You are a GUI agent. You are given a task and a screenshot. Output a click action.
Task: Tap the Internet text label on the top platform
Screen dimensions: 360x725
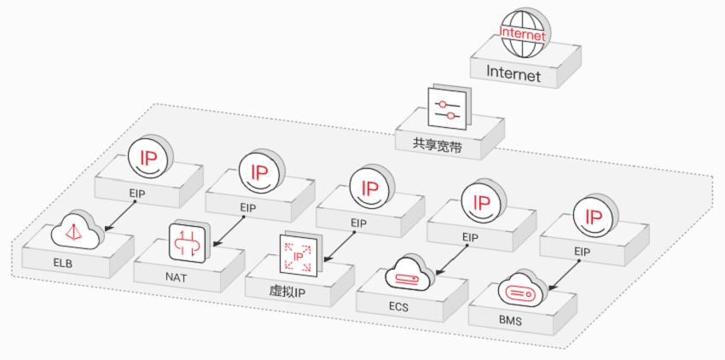(513, 74)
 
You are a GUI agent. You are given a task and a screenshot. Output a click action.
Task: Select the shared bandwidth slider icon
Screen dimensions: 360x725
(448, 108)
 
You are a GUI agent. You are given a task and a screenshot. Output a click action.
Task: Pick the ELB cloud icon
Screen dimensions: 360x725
(76, 231)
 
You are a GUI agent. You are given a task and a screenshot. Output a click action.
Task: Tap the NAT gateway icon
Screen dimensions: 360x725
(188, 241)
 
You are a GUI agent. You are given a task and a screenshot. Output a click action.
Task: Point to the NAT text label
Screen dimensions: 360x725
(176, 276)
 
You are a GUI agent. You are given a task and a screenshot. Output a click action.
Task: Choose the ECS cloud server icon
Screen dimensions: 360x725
(410, 273)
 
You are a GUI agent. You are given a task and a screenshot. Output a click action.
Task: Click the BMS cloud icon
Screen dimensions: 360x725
(521, 289)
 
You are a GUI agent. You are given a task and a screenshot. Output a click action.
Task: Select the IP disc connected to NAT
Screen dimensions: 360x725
(258, 171)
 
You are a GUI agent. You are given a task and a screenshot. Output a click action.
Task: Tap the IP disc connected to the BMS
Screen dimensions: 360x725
(590, 216)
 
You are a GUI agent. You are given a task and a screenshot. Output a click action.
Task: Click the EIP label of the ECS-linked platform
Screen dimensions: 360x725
(471, 236)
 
